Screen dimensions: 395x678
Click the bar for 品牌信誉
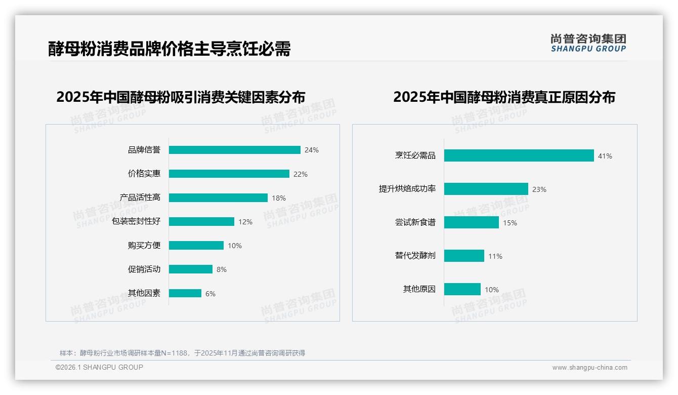(x=235, y=150)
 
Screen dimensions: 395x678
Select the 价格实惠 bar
(x=229, y=174)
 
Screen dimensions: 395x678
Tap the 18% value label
(x=279, y=198)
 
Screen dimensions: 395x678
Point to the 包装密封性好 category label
(x=136, y=221)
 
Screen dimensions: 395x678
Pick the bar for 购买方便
(x=196, y=246)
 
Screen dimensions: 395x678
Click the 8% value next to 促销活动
(x=222, y=269)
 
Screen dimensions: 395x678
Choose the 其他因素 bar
(x=185, y=293)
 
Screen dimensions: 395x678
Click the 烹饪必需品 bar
(x=519, y=155)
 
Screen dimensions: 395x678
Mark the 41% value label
(x=605, y=156)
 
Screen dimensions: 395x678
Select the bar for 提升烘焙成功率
(x=486, y=189)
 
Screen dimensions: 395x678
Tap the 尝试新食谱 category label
(x=415, y=222)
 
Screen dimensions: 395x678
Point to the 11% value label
(x=495, y=256)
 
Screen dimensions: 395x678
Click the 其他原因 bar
(x=462, y=289)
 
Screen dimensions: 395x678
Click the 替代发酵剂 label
(x=415, y=256)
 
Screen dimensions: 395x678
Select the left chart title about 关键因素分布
(x=181, y=97)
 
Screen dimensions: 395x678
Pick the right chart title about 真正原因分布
(x=504, y=97)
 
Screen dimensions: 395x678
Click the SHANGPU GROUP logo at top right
(x=588, y=43)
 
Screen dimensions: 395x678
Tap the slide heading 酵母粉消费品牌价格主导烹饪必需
(x=169, y=49)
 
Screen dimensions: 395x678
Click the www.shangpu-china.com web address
(x=589, y=368)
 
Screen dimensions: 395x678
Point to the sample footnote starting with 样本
(x=182, y=353)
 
